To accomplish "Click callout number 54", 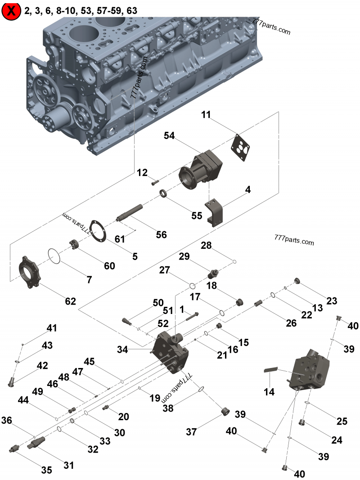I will pyautogui.click(x=169, y=135).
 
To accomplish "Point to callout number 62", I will pyautogui.click(x=70, y=301).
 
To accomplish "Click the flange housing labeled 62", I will pyautogui.click(x=29, y=271).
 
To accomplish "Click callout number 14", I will pyautogui.click(x=269, y=392).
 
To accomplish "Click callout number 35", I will pyautogui.click(x=46, y=470).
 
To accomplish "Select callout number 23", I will pyautogui.click(x=332, y=301).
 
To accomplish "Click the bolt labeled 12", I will pyautogui.click(x=155, y=182).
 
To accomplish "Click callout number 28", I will pyautogui.click(x=206, y=245).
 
